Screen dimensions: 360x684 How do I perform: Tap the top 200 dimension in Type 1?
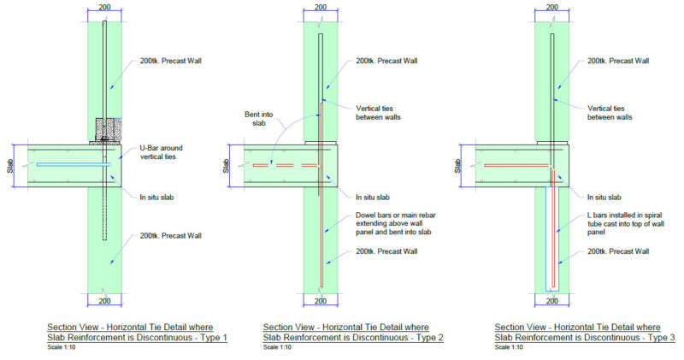click(104, 9)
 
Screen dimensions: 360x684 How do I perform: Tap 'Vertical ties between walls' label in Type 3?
click(610, 112)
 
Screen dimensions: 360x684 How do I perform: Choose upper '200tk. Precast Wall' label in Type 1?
click(171, 62)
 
